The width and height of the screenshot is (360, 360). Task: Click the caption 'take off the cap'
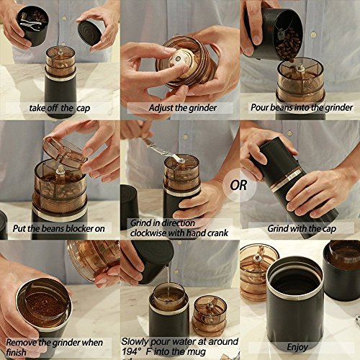60,108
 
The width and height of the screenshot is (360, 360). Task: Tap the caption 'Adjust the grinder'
183,108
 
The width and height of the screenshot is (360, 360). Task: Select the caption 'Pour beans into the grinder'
302,107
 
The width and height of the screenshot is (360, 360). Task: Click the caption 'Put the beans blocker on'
59,228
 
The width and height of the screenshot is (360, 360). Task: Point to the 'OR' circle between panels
238,185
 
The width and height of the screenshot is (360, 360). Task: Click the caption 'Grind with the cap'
302,228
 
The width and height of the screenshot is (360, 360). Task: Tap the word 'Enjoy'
297,347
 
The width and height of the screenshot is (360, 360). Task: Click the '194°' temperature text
132,352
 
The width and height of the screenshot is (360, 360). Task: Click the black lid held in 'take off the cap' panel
89,33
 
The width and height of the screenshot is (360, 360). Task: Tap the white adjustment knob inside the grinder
178,60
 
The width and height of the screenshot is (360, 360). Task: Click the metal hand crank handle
163,150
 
